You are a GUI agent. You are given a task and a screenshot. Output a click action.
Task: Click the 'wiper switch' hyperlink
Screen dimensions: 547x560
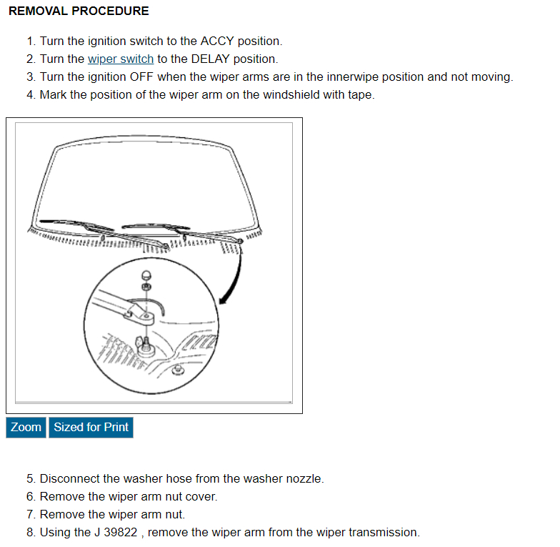coord(120,59)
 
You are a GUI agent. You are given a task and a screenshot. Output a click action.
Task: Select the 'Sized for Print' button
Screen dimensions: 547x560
coord(91,428)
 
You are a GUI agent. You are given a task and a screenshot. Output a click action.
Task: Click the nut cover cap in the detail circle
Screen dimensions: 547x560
coord(146,274)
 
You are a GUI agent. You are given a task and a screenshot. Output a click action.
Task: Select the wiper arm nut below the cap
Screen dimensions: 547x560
coord(146,287)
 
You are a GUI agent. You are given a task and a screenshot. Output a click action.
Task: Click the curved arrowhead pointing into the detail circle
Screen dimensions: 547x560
coord(224,300)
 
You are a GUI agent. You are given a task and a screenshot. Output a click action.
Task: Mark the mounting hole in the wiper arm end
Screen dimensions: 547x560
coord(148,315)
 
